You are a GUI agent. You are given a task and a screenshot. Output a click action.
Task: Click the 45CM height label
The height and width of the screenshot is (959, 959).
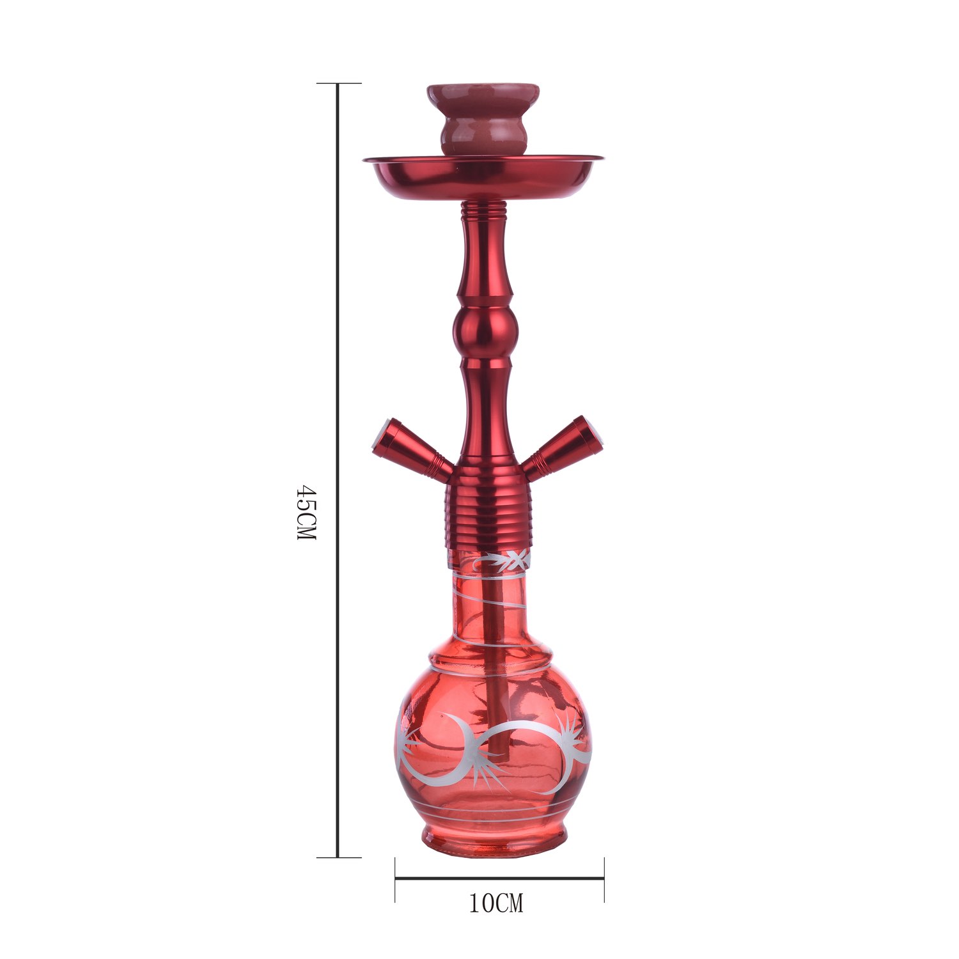pos(307,512)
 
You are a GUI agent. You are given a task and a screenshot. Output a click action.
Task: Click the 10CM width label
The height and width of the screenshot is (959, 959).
pos(497,903)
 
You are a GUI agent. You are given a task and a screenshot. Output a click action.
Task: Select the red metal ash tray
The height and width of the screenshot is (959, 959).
pos(484,176)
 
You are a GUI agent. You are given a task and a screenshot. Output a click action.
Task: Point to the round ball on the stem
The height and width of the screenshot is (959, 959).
pos(485,331)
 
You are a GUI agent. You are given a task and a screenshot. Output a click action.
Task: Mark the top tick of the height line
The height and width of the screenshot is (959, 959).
pos(339,84)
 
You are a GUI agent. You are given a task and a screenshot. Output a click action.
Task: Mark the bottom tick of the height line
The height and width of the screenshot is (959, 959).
pos(339,857)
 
